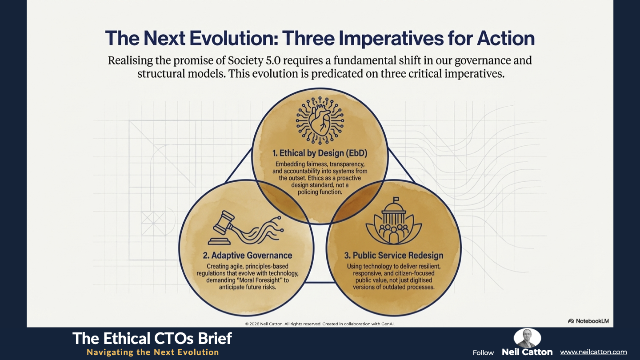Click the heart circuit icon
320,120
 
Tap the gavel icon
246,228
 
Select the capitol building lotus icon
394,220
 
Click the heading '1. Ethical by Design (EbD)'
320,153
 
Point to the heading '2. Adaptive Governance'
248,255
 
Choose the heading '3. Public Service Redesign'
394,255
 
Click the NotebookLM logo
588,321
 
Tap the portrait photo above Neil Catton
527,338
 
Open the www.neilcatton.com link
593,352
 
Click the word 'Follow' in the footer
483,353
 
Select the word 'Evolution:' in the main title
234,38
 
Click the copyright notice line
320,324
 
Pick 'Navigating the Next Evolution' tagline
153,352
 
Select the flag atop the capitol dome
396,199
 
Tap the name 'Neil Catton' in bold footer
527,352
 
